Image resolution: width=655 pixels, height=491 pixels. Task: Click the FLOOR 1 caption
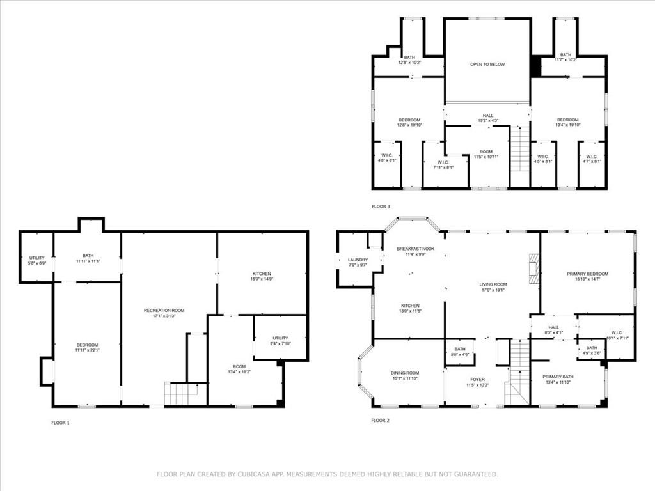click(60, 423)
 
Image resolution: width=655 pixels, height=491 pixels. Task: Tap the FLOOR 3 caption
click(381, 207)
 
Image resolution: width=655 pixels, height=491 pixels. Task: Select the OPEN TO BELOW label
click(487, 65)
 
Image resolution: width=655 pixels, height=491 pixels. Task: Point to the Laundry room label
click(358, 260)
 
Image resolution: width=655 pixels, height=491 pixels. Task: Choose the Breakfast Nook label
click(415, 249)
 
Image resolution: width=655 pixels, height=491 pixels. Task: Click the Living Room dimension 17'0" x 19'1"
click(493, 289)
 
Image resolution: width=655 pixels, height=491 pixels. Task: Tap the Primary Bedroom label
click(587, 274)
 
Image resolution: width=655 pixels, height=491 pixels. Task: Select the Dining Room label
click(405, 373)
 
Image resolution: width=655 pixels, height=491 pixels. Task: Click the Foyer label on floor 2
click(477, 379)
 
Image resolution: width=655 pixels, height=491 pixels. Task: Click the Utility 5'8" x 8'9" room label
click(37, 258)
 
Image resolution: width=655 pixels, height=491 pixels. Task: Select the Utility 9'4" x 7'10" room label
click(280, 338)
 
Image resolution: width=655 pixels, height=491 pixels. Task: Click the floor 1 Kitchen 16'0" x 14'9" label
click(261, 274)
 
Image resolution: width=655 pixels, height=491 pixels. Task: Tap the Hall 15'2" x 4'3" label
click(487, 116)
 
